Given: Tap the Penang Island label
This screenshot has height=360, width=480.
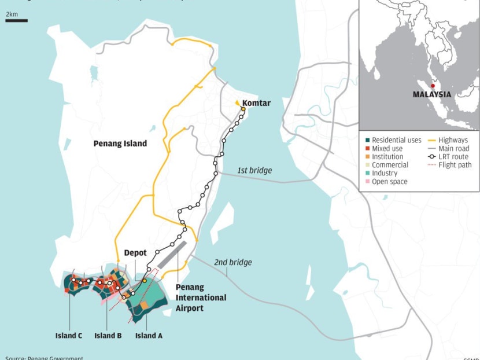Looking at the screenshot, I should click(x=120, y=143).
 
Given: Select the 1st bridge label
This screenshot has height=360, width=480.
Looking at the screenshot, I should click(x=254, y=171).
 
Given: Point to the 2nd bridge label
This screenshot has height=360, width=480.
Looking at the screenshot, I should click(x=233, y=262).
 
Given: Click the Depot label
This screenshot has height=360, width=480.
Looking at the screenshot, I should click(x=135, y=253).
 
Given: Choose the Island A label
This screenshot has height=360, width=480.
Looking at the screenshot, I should click(x=148, y=336).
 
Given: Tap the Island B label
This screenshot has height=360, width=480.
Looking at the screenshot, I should click(x=108, y=336).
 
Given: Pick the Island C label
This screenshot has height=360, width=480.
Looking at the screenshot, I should click(x=68, y=336).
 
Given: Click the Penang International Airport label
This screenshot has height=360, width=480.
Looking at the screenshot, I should click(x=201, y=297).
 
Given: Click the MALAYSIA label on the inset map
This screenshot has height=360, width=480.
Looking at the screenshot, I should click(x=432, y=94).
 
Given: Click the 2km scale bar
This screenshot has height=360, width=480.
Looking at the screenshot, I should click(x=17, y=21).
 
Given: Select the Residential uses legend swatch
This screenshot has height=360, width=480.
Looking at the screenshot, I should click(x=368, y=140).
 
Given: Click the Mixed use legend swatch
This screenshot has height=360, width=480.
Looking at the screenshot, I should click(x=368, y=148).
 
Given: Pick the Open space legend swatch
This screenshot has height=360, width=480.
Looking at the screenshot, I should click(x=368, y=182).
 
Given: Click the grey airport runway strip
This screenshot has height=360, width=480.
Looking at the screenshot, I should click(x=173, y=254).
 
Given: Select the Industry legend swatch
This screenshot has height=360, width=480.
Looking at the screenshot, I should click(x=368, y=173).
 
